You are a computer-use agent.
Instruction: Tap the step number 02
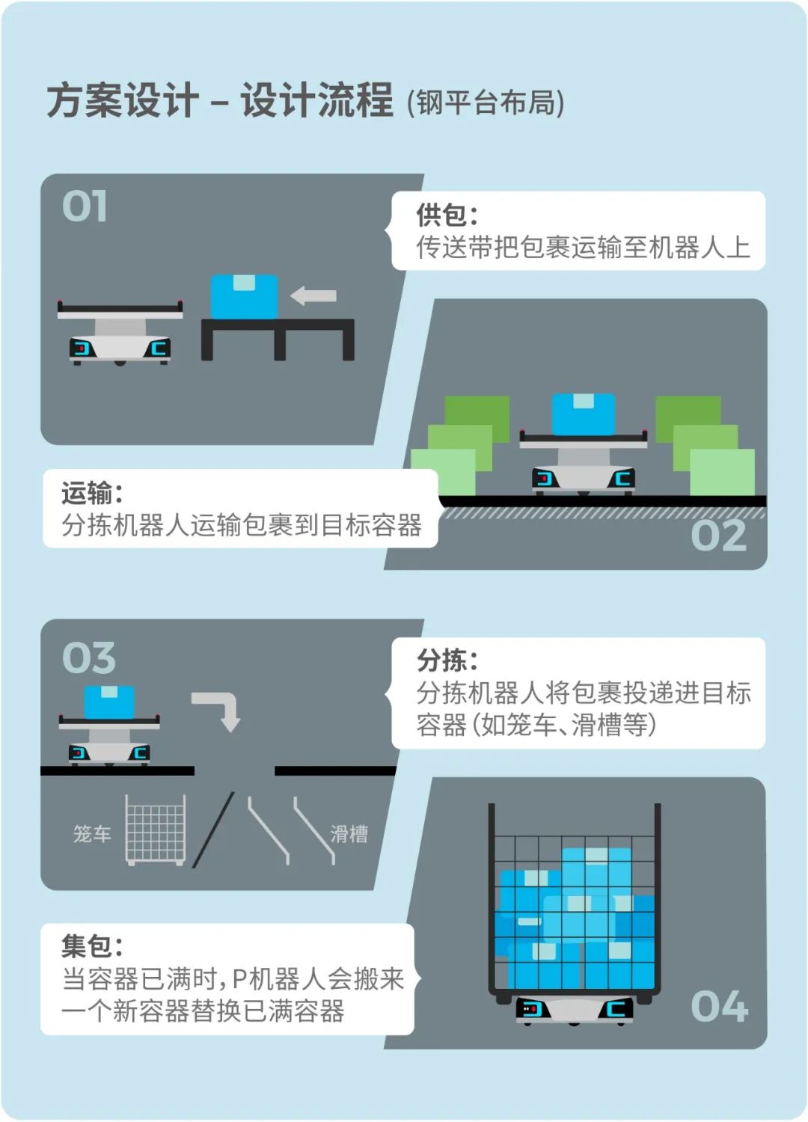click(x=718, y=536)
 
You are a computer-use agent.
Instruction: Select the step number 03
click(x=89, y=657)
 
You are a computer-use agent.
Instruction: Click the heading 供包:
click(x=447, y=215)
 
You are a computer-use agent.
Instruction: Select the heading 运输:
click(x=92, y=493)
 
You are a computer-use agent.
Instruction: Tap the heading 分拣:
click(x=447, y=660)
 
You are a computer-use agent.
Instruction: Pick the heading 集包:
click(x=92, y=946)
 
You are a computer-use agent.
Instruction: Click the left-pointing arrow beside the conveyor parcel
click(x=313, y=295)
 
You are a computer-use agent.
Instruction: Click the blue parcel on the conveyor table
click(x=244, y=296)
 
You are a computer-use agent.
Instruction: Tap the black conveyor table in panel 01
click(x=278, y=339)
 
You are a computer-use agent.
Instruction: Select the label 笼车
click(x=92, y=834)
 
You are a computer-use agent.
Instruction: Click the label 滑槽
click(x=349, y=834)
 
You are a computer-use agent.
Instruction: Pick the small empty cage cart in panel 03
click(x=156, y=830)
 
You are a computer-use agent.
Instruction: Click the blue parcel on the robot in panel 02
click(x=583, y=414)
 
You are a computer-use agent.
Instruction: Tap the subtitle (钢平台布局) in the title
click(x=486, y=102)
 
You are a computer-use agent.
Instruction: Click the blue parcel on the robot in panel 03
click(x=109, y=702)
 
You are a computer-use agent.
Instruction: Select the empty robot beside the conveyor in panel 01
click(x=120, y=332)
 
